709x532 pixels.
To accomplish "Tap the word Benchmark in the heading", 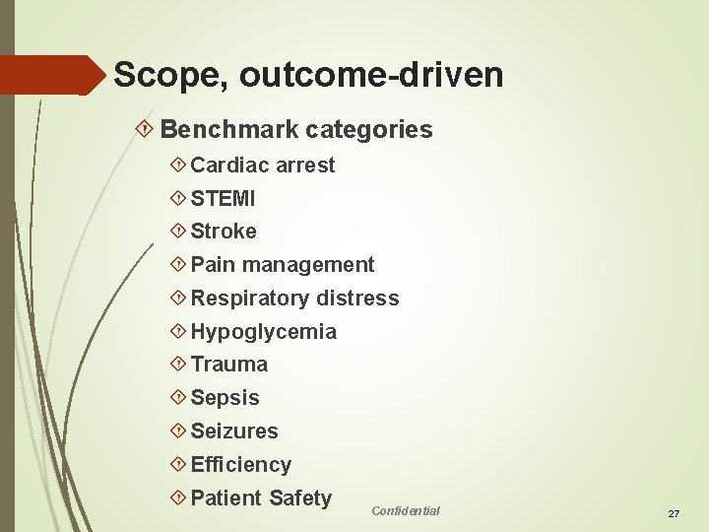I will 229,129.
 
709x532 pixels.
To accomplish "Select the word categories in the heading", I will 369,129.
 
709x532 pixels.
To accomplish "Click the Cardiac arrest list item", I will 262,166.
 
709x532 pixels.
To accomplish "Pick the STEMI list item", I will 223,199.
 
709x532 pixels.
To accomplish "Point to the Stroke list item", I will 224,232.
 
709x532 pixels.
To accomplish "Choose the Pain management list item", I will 282,265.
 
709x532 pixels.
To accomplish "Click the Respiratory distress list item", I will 294,299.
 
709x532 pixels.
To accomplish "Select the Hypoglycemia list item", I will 263,332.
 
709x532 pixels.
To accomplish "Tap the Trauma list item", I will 228,365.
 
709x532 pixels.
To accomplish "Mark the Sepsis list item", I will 225,398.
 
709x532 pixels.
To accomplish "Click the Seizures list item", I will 234,432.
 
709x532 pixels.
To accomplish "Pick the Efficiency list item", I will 240,465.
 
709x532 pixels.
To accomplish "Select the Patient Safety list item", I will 261,499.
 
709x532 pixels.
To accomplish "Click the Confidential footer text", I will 406,510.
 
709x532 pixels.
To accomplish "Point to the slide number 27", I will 674,514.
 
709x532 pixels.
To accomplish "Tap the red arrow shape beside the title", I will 54,75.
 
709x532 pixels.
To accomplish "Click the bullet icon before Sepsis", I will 178,398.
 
